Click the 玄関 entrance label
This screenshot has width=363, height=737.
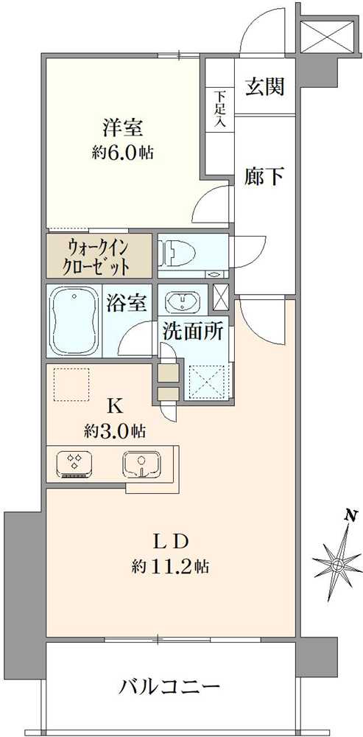click(264, 87)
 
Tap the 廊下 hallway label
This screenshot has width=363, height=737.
click(264, 177)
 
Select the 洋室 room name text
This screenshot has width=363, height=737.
click(122, 127)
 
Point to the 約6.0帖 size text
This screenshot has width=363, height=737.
click(122, 153)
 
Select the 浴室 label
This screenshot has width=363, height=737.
click(131, 303)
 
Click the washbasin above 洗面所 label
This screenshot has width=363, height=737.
click(181, 302)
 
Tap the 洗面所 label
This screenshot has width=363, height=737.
click(192, 332)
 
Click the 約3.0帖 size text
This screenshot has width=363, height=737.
click(114, 431)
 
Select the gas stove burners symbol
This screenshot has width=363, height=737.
click(74, 464)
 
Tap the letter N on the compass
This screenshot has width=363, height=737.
click(352, 515)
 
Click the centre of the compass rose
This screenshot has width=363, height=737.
click(336, 565)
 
